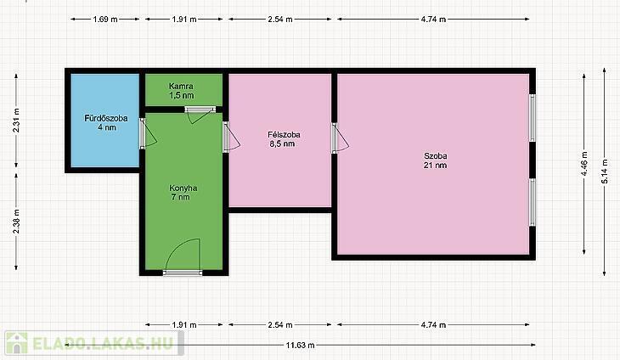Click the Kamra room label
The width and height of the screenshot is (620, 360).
[181, 86]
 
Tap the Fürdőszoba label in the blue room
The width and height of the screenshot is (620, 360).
[106, 118]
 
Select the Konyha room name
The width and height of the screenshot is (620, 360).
[183, 188]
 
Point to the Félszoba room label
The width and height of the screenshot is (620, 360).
[284, 135]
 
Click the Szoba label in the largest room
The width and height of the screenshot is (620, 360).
[436, 156]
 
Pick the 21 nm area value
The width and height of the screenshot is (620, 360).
[435, 166]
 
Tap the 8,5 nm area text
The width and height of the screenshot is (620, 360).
[282, 143]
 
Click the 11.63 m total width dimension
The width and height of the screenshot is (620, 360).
[300, 346]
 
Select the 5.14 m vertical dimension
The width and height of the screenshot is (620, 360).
[604, 172]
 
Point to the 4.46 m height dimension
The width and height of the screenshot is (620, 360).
[584, 164]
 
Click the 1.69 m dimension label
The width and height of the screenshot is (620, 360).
[105, 19]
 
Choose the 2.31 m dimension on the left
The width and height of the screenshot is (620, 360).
[16, 120]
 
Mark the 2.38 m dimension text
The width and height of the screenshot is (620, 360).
[16, 221]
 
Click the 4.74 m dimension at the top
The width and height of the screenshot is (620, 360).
[433, 19]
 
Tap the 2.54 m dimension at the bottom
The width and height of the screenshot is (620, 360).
[280, 325]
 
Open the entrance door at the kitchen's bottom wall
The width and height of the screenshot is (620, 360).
[183, 257]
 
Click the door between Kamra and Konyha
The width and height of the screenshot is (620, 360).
[200, 115]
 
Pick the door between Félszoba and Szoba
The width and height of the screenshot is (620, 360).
[339, 138]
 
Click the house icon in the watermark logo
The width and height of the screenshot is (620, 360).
[17, 343]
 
